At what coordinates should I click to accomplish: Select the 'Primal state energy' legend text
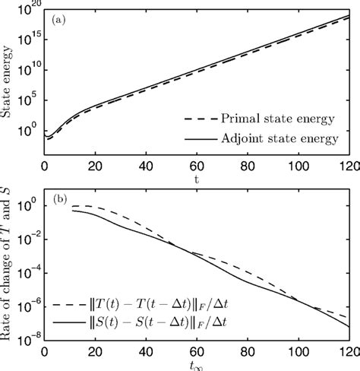tap(264, 119)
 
